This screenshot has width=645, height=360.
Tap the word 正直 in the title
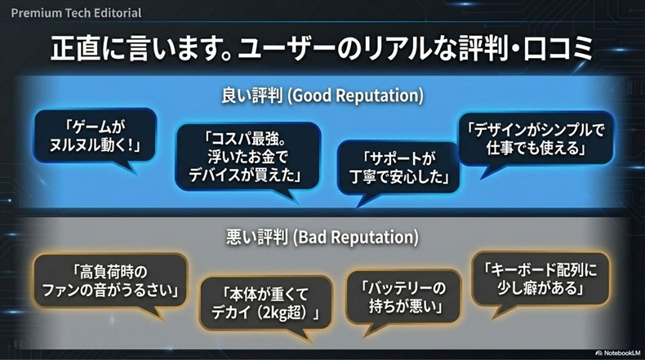82,50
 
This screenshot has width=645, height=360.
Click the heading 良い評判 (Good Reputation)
322,96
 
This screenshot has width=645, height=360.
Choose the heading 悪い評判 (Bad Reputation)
322,238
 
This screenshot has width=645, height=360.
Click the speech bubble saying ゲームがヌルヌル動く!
96,136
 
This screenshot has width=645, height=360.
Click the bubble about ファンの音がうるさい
111,280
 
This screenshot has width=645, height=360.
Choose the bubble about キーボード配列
539,278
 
